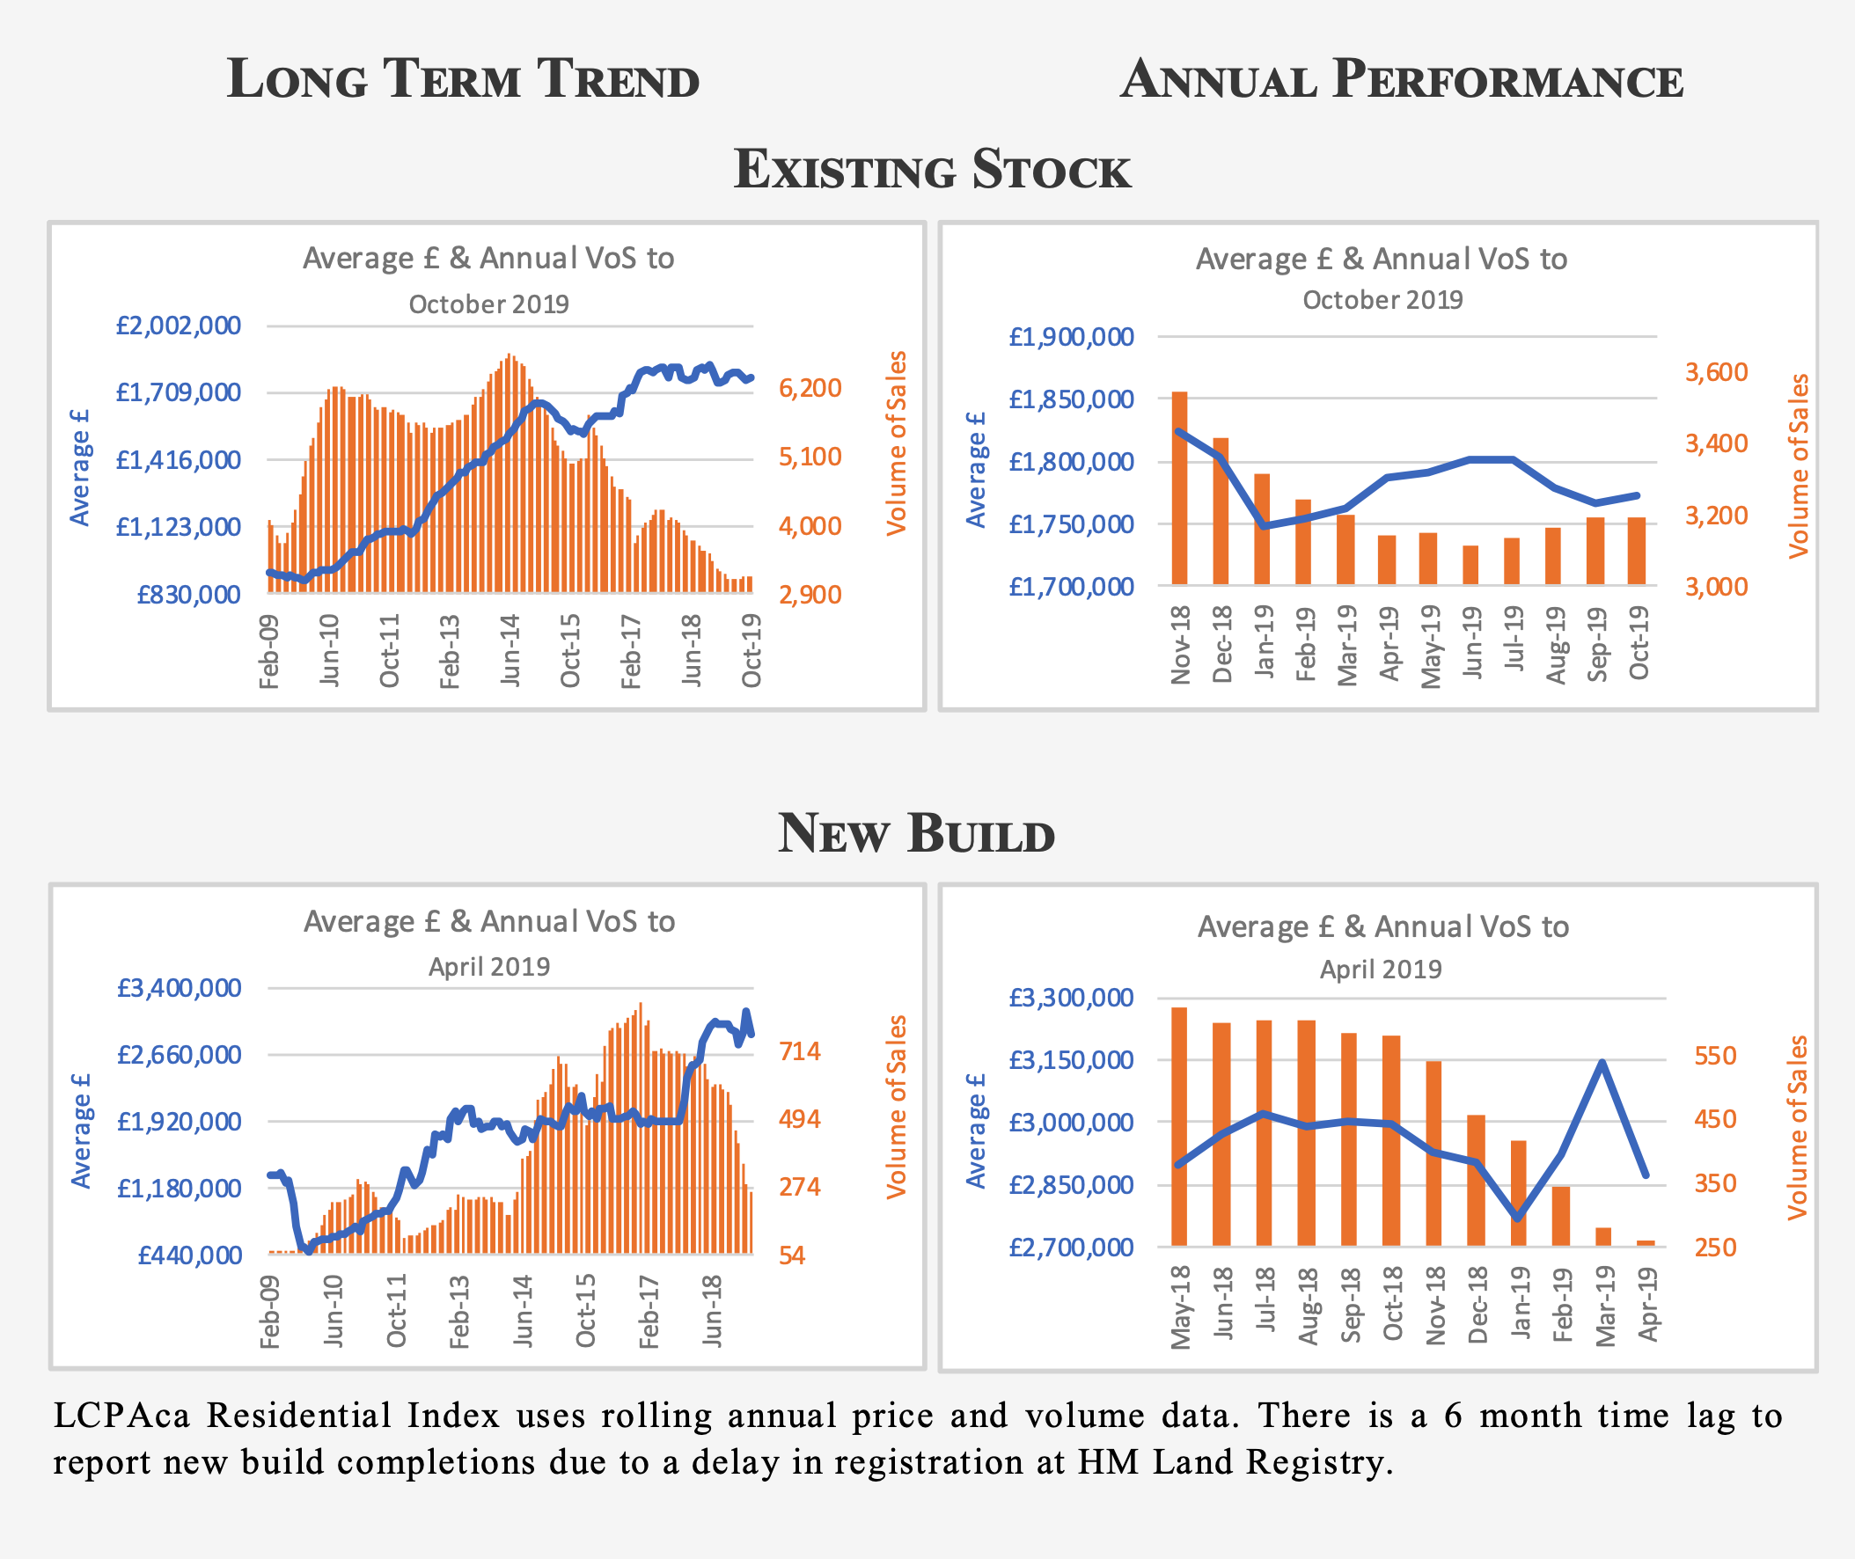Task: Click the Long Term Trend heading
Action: pyautogui.click(x=463, y=79)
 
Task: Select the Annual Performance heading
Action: pyautogui.click(x=1401, y=79)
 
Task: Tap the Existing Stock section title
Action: pyautogui.click(x=932, y=169)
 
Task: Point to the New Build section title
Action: pyautogui.click(x=915, y=832)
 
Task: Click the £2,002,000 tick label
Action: pyautogui.click(x=179, y=326)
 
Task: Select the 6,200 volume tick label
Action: pyautogui.click(x=810, y=388)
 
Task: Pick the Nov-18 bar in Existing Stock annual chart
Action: pyautogui.click(x=1179, y=488)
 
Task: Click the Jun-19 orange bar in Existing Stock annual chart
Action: pyautogui.click(x=1470, y=566)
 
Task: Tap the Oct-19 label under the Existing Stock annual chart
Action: pyautogui.click(x=1639, y=642)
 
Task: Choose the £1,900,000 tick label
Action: pyautogui.click(x=1071, y=337)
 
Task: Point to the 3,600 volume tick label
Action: pyautogui.click(x=1715, y=372)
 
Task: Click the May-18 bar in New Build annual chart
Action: pyautogui.click(x=1179, y=1127)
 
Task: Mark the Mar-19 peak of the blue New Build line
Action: pyautogui.click(x=1602, y=1062)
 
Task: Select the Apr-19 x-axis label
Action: pyautogui.click(x=1648, y=1304)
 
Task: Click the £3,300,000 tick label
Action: pyautogui.click(x=1071, y=998)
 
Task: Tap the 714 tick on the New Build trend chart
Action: pyautogui.click(x=799, y=1051)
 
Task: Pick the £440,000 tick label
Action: pyautogui.click(x=189, y=1255)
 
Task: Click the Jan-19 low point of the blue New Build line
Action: pyautogui.click(x=1518, y=1218)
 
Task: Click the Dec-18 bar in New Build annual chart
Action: pyautogui.click(x=1476, y=1181)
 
